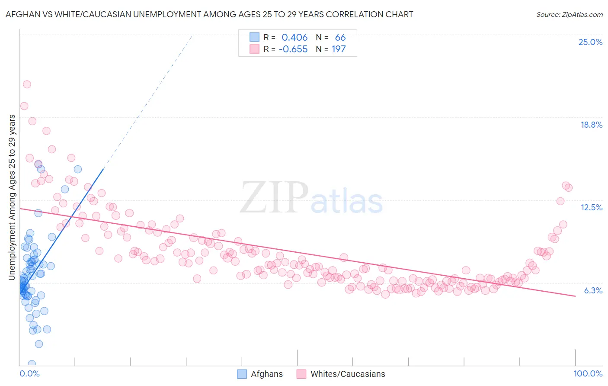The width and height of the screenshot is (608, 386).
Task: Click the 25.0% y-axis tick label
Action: tap(590, 42)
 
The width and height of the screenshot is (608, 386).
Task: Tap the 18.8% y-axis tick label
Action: tap(591, 125)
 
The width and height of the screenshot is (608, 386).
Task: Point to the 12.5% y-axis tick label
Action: tap(591, 207)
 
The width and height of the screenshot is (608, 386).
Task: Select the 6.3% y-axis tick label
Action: tap(593, 290)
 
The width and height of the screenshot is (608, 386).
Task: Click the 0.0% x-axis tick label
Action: tap(29, 373)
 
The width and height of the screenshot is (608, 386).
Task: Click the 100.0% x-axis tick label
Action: tap(588, 373)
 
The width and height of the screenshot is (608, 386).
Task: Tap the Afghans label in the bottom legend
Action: tap(266, 374)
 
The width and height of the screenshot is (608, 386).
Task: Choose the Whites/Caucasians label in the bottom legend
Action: tap(348, 374)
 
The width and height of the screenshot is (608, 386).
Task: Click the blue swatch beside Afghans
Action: tap(242, 374)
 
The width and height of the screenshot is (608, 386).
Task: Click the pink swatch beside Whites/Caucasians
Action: tap(301, 374)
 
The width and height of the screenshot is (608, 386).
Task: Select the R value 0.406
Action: tap(294, 38)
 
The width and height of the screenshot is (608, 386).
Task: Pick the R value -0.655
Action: tap(293, 49)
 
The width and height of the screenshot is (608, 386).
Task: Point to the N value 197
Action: tap(339, 49)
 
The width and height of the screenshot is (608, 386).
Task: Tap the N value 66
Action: tap(340, 38)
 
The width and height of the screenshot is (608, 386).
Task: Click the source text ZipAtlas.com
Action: tap(570, 15)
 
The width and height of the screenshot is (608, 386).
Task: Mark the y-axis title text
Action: tap(12, 197)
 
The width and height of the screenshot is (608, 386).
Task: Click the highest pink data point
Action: tap(27, 84)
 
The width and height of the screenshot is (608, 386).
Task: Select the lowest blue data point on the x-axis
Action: tap(32, 364)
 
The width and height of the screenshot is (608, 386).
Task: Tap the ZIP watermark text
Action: tap(274, 197)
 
